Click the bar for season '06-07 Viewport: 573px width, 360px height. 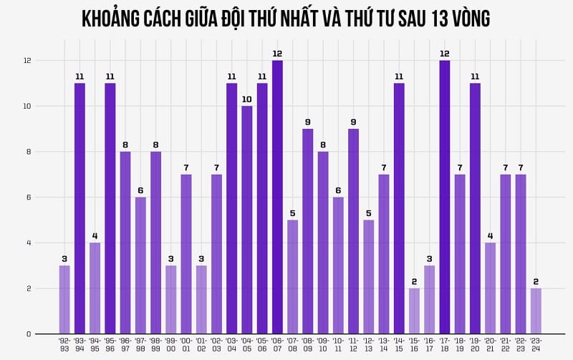tap(277, 197)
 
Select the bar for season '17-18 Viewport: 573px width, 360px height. tap(445, 197)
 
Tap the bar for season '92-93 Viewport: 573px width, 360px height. tap(64, 299)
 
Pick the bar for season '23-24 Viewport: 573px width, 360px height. tap(536, 311)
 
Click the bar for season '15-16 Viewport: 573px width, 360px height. tap(414, 311)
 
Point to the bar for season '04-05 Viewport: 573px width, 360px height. tap(247, 220)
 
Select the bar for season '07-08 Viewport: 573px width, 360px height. tap(292, 276)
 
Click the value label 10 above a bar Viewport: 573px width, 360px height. tap(247, 99)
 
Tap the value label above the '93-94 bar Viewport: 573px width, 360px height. tap(80, 76)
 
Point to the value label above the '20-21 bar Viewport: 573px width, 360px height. tap(490, 235)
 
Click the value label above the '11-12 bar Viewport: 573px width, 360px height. tap(353, 122)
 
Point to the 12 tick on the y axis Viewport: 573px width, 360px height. tap(27, 61)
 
